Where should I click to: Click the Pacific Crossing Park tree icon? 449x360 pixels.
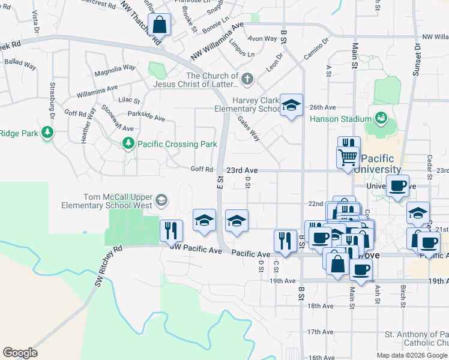(127, 143)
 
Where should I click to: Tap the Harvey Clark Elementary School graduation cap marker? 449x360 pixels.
(291, 106)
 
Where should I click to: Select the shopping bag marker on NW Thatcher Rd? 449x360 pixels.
(160, 25)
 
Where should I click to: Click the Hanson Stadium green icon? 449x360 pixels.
(380, 118)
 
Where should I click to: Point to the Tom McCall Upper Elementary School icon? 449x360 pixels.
(161, 200)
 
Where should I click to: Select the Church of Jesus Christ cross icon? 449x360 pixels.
(247, 79)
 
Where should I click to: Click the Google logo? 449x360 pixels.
(20, 353)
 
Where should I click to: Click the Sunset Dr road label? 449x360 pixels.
(416, 60)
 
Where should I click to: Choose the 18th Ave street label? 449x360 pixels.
(320, 306)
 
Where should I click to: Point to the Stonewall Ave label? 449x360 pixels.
(117, 120)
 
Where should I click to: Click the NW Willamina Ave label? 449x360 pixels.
(217, 42)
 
